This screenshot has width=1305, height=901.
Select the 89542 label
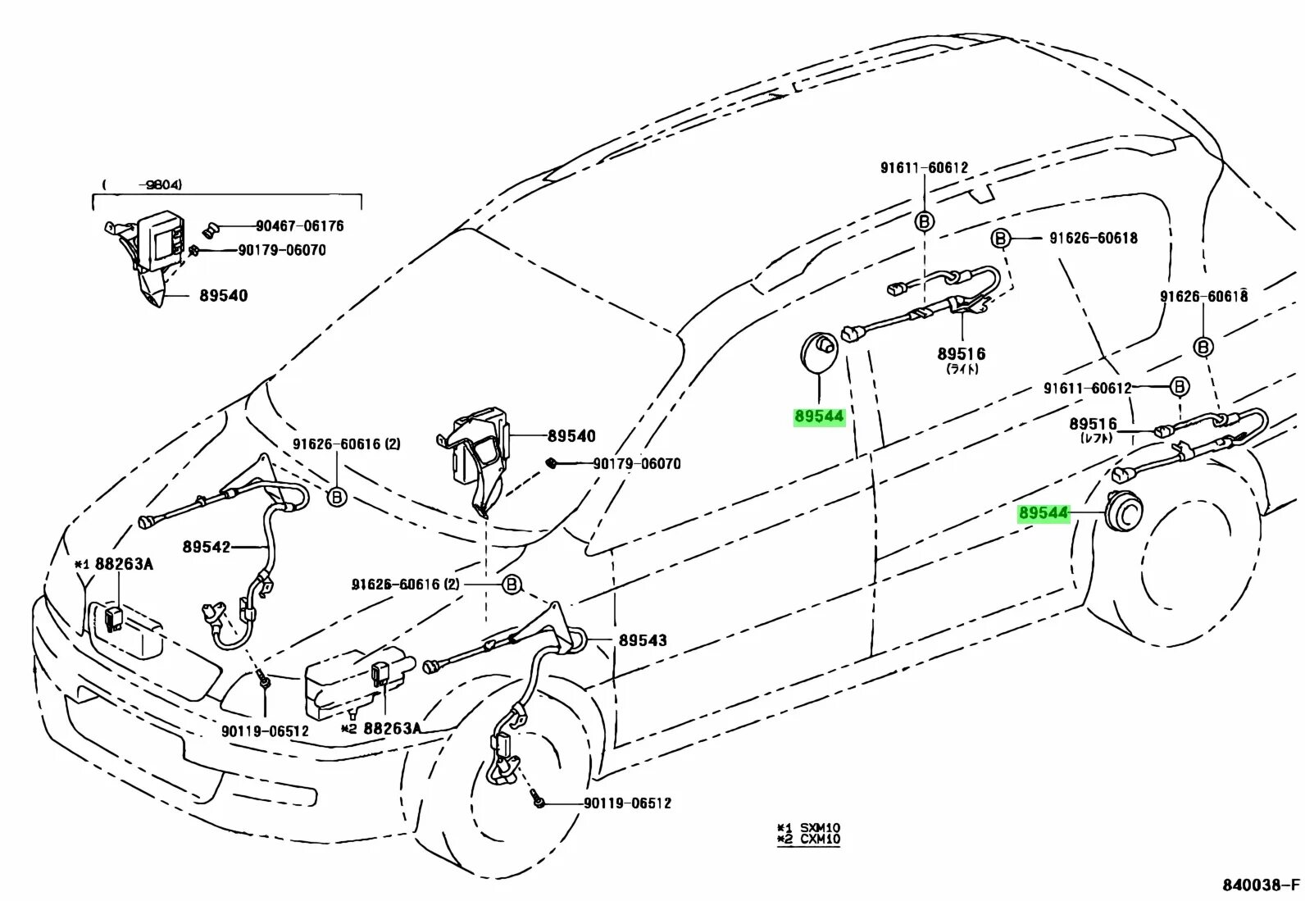(x=206, y=546)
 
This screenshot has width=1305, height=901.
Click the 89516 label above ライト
(x=961, y=354)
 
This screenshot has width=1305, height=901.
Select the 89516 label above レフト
(x=1092, y=424)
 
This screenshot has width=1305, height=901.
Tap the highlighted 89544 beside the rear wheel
(x=1044, y=513)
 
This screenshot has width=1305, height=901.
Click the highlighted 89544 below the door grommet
(x=818, y=416)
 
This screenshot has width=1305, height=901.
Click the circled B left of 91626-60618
(x=999, y=239)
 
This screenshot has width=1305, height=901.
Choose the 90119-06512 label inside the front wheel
(x=626, y=803)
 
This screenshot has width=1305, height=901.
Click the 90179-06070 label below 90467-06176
(x=279, y=249)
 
